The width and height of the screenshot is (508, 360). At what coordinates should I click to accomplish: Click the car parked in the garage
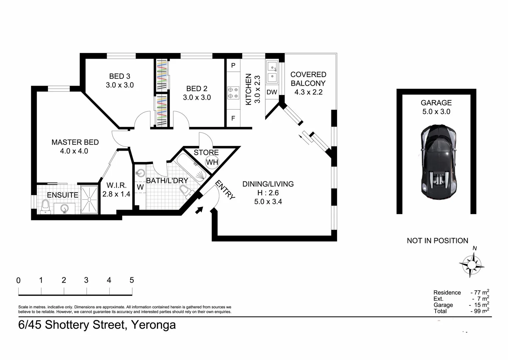click(x=438, y=162)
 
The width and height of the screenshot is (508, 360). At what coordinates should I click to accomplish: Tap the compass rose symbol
click(x=472, y=265)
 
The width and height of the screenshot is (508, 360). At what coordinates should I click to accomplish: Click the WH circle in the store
click(x=212, y=162)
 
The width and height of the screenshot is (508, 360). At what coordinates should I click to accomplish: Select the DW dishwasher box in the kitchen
click(x=272, y=92)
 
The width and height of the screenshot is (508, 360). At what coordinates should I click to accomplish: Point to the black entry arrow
click(x=199, y=210)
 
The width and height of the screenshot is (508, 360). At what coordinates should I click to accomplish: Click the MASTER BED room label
click(x=75, y=142)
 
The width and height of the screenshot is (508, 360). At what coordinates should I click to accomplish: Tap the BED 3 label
click(x=120, y=76)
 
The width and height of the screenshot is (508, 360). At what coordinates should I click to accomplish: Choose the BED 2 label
click(x=197, y=89)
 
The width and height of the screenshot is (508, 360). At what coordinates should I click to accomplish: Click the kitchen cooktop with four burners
click(x=233, y=93)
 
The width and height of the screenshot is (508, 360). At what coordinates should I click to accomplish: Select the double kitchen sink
click(x=272, y=72)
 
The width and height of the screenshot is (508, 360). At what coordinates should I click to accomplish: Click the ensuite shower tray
click(x=89, y=199)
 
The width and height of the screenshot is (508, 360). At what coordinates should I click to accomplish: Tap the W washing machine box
click(x=140, y=187)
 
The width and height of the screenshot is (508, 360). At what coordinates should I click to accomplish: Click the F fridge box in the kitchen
click(x=233, y=118)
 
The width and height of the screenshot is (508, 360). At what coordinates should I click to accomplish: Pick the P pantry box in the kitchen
click(x=233, y=65)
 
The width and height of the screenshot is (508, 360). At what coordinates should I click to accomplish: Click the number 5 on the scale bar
click(x=132, y=280)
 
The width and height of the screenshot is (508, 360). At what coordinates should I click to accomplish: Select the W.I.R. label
click(x=116, y=186)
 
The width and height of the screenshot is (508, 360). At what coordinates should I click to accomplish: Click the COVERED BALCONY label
click(x=308, y=79)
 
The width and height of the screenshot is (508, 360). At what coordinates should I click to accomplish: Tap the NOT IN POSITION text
click(x=437, y=241)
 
